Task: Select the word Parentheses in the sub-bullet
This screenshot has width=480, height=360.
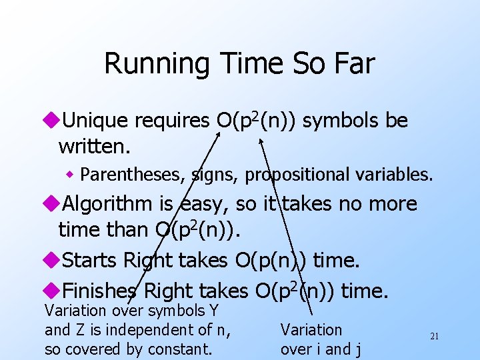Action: pos(131,175)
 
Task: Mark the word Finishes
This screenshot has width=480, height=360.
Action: pos(99,291)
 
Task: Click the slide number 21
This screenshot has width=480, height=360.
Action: pos(434,337)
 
